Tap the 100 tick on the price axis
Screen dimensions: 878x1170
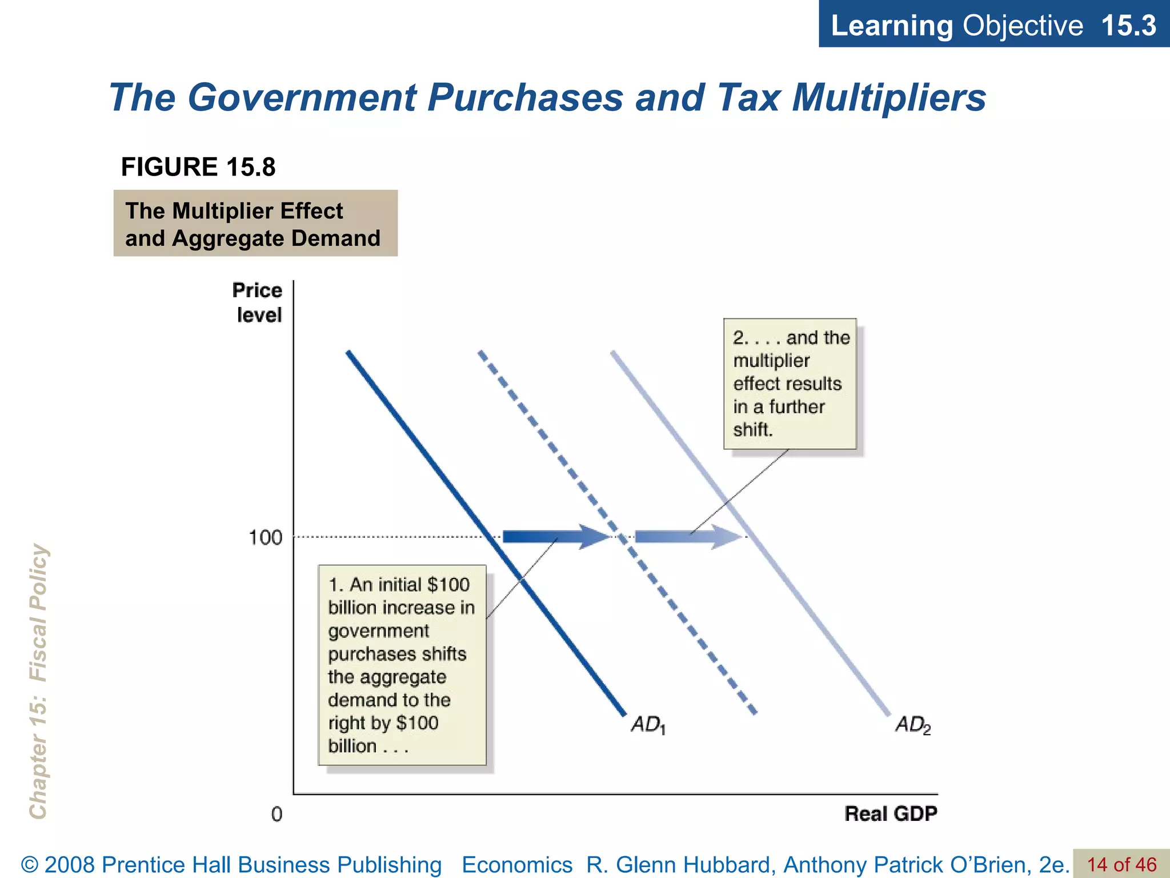pyautogui.click(x=265, y=537)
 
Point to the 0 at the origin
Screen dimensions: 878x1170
pyautogui.click(x=277, y=814)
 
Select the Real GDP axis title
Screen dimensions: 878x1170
pyautogui.click(x=891, y=813)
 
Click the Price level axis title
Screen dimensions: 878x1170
pyautogui.click(x=258, y=302)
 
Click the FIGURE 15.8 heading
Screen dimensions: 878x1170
pyautogui.click(x=198, y=167)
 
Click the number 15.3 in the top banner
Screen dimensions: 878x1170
pyautogui.click(x=1128, y=25)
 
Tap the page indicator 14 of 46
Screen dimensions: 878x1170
pyautogui.click(x=1121, y=864)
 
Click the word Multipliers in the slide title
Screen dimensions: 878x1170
pyautogui.click(x=889, y=97)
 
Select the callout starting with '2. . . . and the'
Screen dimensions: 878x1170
pyautogui.click(x=790, y=384)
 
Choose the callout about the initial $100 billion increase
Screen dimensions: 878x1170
pyautogui.click(x=402, y=665)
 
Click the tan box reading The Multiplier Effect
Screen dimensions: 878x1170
pyautogui.click(x=255, y=224)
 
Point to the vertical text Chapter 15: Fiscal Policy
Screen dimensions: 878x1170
pyautogui.click(x=38, y=680)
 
